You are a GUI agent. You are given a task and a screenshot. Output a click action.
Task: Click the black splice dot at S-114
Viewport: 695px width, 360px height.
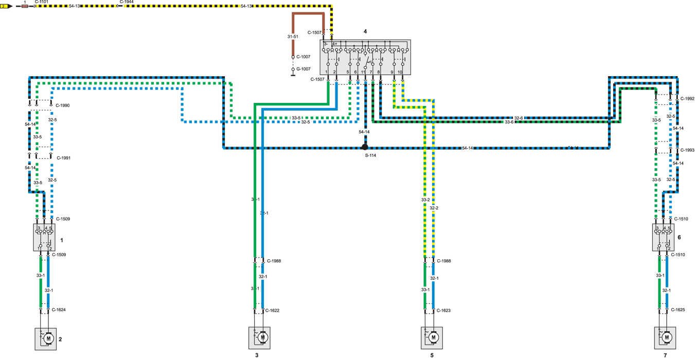point(365,147)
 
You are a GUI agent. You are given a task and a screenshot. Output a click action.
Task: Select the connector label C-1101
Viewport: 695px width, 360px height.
point(42,2)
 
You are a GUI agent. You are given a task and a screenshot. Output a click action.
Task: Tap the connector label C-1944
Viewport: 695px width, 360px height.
point(127,2)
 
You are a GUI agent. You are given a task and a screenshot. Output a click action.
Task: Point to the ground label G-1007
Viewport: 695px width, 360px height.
point(304,68)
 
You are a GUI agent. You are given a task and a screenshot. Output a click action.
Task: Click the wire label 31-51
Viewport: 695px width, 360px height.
point(293,37)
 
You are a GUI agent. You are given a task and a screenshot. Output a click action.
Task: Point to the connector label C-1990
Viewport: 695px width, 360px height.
point(62,105)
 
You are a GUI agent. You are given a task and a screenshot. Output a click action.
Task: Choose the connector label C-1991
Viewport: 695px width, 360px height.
point(63,158)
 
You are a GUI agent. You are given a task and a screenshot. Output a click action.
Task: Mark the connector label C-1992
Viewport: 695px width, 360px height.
point(687,98)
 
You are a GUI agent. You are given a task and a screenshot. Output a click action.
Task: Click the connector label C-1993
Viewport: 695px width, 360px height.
point(687,150)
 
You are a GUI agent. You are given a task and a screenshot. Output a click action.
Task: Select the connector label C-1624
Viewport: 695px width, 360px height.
point(59,310)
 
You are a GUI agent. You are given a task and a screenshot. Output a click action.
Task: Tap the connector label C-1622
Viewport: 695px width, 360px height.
point(272,310)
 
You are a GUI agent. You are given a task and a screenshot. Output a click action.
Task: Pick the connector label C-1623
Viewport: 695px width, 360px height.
point(443,310)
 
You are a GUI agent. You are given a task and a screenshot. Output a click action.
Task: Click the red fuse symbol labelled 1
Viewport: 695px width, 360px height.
point(25,7)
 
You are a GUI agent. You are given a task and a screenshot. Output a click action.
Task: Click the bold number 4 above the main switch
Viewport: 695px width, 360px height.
point(365,31)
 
